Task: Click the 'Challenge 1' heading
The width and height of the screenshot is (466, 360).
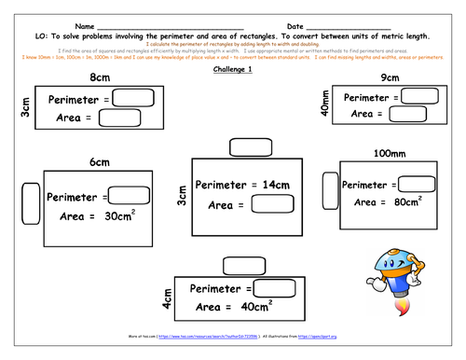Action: tap(232, 70)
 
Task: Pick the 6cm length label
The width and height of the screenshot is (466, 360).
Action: tap(99, 161)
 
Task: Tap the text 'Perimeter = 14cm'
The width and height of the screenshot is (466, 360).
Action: tap(238, 185)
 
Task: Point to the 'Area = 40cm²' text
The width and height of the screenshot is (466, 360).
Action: tap(233, 305)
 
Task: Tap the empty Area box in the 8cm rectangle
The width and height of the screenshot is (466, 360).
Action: tap(118, 118)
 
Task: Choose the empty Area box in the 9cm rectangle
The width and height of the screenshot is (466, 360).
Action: tap(408, 113)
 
